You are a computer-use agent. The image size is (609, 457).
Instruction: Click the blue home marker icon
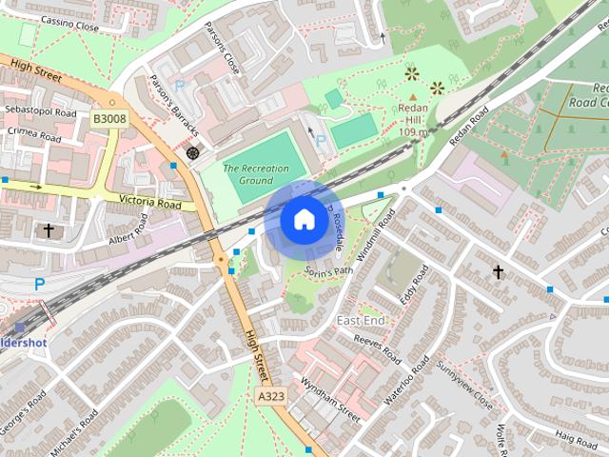(x=304, y=220)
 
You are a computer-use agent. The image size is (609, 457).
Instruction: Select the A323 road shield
(x=271, y=395)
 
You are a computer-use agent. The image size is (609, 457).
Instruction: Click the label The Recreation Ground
(x=256, y=173)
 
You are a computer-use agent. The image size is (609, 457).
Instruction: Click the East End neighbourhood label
(x=361, y=321)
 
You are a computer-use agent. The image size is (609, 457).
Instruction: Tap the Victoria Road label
(x=150, y=203)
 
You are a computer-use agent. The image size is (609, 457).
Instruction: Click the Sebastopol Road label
(x=39, y=111)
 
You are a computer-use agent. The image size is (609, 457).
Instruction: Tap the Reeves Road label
(x=378, y=346)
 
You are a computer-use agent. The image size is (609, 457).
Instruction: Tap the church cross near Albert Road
(x=49, y=229)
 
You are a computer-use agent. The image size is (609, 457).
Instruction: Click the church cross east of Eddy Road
(x=498, y=272)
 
